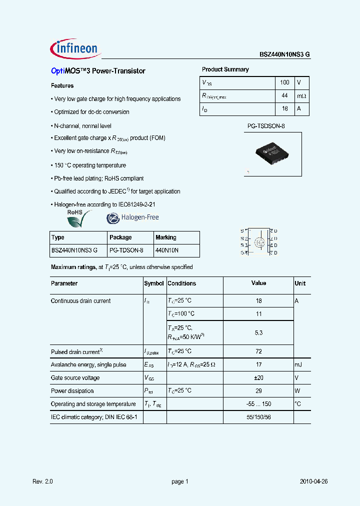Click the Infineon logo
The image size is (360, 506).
[x=76, y=48]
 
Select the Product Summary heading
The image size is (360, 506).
[x=225, y=69]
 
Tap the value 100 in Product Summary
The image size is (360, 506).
[x=284, y=82]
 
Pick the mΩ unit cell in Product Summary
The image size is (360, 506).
[x=301, y=95]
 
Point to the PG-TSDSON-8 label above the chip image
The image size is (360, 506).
[x=266, y=126]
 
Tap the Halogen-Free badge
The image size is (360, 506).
[x=132, y=217]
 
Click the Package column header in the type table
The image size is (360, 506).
[x=120, y=237]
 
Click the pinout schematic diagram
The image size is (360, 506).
[x=258, y=242]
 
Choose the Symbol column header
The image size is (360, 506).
[x=154, y=283]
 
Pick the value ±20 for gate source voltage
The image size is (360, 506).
[x=258, y=378]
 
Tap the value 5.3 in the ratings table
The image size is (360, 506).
[x=258, y=332]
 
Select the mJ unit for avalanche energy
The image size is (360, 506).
[x=298, y=365]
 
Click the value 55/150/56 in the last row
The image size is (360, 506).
[x=258, y=417]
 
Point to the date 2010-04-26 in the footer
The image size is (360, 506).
[x=313, y=481]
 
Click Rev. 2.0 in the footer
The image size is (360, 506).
[x=42, y=481]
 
